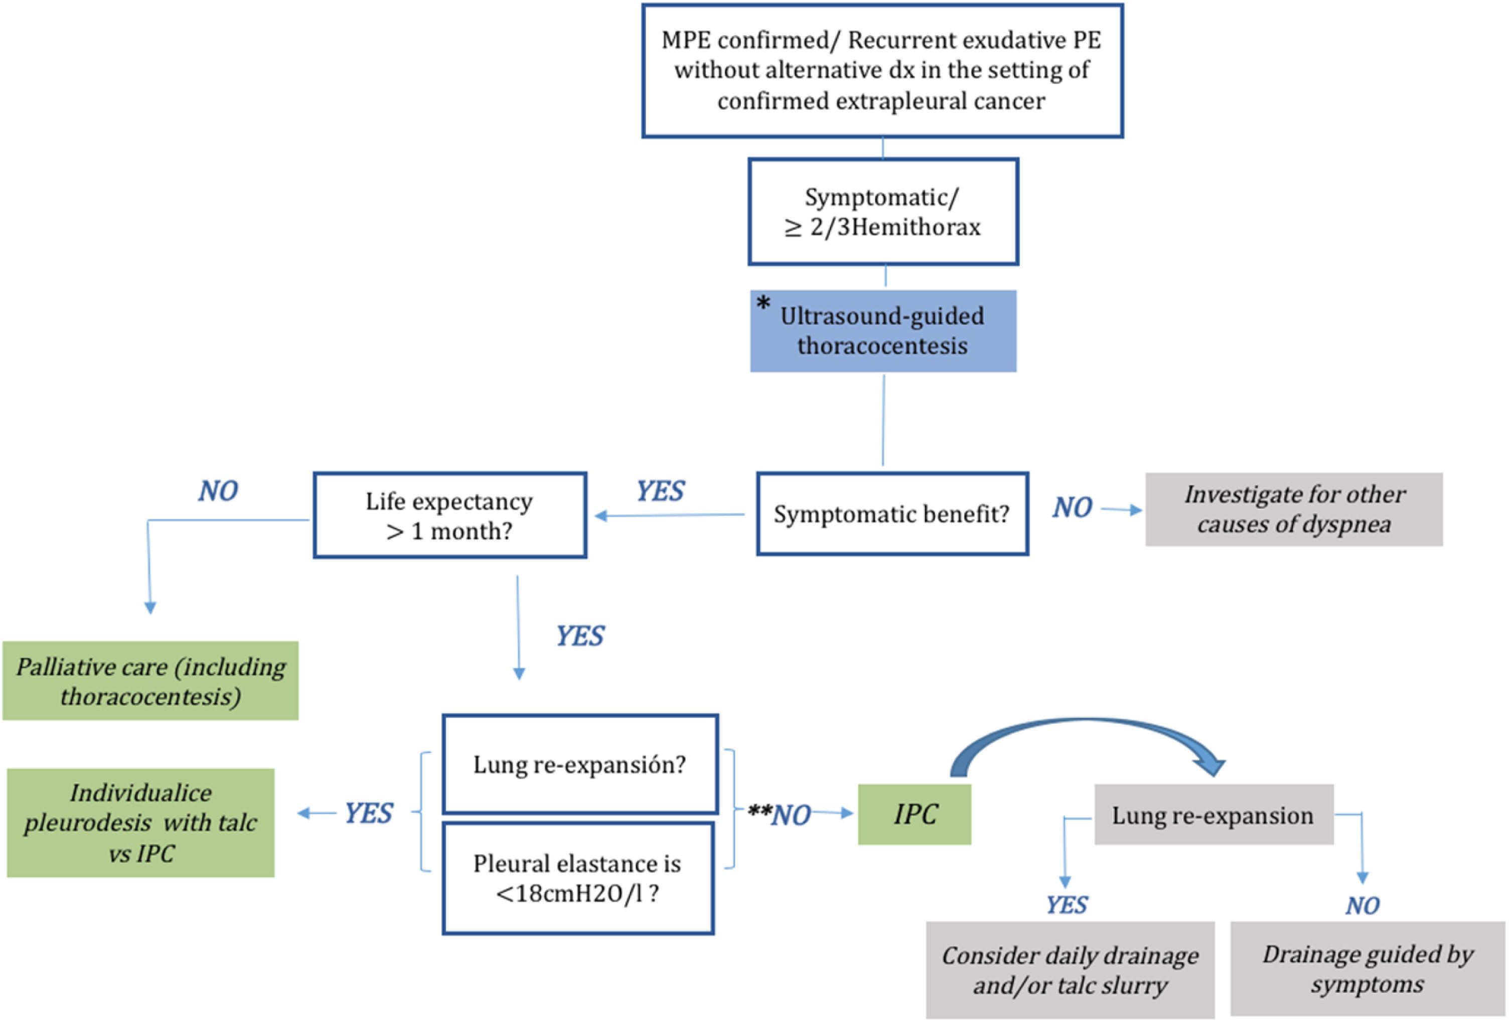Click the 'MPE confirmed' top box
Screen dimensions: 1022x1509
point(882,70)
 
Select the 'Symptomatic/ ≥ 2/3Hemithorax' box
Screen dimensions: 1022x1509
point(882,212)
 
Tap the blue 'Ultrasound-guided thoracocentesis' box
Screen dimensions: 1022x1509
point(882,331)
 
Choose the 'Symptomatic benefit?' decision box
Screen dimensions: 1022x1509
point(891,514)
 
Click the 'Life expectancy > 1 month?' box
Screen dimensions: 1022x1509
point(449,515)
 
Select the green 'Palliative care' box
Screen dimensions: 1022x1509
point(150,681)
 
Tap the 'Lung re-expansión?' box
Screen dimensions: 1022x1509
point(579,764)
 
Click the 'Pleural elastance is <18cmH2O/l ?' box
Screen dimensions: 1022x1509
point(577,878)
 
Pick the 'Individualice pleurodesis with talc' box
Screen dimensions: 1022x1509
point(140,823)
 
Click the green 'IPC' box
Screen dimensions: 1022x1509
point(914,814)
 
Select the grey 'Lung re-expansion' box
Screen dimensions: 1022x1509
point(1213,815)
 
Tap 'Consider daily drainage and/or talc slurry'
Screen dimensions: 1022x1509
point(1070,970)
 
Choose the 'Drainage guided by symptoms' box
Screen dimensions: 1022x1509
point(1367,969)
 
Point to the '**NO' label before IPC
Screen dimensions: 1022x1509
point(780,814)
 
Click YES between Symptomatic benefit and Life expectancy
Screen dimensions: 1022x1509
point(660,491)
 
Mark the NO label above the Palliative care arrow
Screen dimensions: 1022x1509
point(218,491)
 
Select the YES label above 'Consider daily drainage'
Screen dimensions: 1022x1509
point(1066,905)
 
